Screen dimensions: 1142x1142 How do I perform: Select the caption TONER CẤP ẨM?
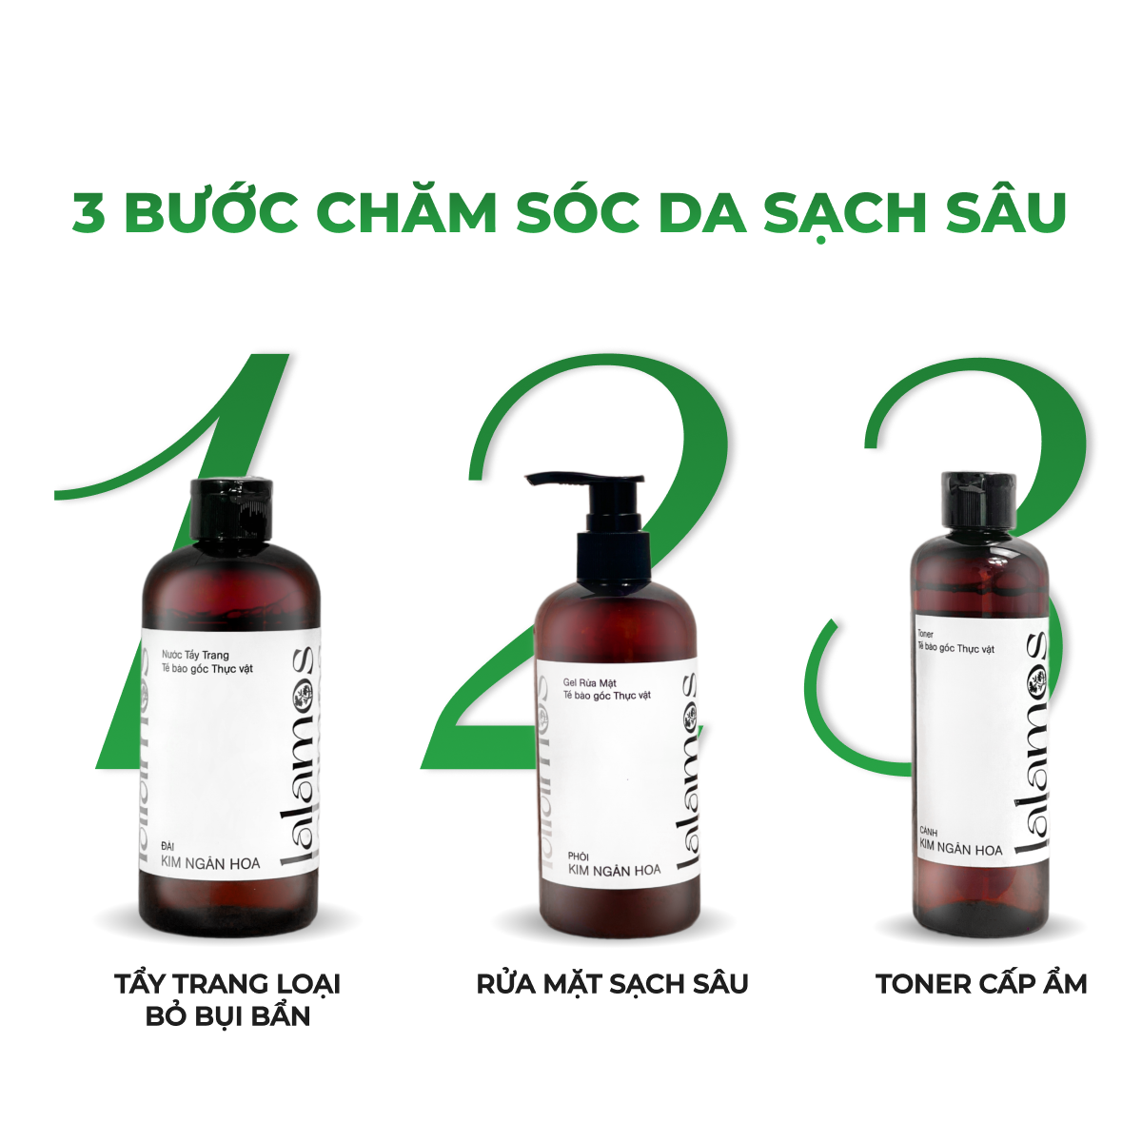pos(981,983)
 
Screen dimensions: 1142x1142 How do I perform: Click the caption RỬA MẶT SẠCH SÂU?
pos(612,983)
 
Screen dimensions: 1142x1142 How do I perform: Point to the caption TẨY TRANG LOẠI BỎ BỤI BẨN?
pos(227,999)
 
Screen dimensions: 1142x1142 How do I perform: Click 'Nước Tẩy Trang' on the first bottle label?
pos(196,655)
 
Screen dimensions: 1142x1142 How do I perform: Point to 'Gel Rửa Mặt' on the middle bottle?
pos(590,682)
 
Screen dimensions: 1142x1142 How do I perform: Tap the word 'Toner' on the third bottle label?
pos(925,633)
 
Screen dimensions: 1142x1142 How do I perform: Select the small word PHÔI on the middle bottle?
pos(579,856)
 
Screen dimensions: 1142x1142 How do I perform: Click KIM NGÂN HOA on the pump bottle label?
pos(614,870)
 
